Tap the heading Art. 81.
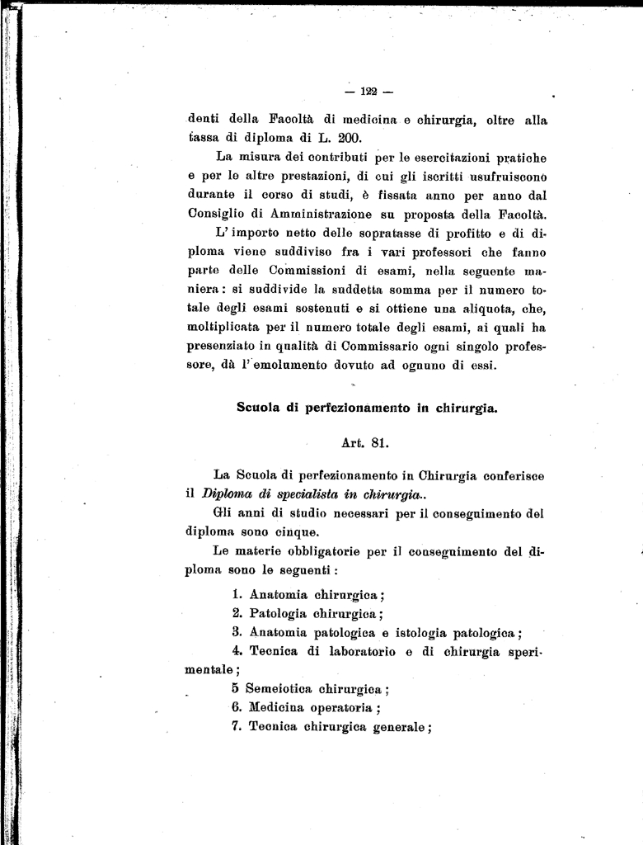coord(364,442)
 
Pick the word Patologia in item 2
coord(278,613)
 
